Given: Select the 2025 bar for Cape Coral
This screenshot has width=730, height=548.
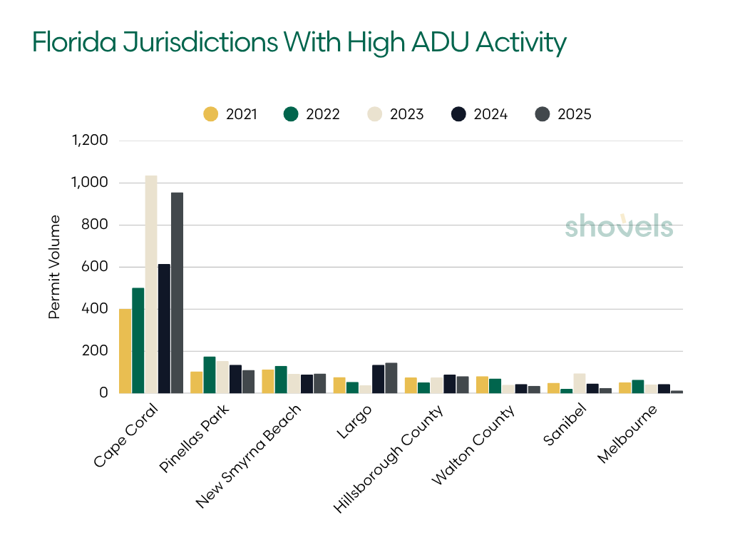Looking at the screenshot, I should coord(177,293).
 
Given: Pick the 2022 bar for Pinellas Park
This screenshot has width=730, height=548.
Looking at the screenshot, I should coord(210,375).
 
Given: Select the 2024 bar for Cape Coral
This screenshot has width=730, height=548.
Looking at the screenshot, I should coord(164,328).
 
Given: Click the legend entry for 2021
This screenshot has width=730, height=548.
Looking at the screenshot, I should coord(230,114).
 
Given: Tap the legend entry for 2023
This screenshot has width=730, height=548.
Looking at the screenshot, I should coord(396,114).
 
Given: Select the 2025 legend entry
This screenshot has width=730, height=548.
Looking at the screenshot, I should coord(563,114).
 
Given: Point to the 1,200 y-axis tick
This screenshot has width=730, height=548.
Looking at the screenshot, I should coord(90,141).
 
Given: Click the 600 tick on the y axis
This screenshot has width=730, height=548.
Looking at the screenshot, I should coord(96,267).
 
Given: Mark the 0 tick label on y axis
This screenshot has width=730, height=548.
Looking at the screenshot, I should coord(103,393).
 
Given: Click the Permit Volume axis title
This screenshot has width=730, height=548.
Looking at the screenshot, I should coord(55,267).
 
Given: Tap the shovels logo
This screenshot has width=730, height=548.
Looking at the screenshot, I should coord(619,226).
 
